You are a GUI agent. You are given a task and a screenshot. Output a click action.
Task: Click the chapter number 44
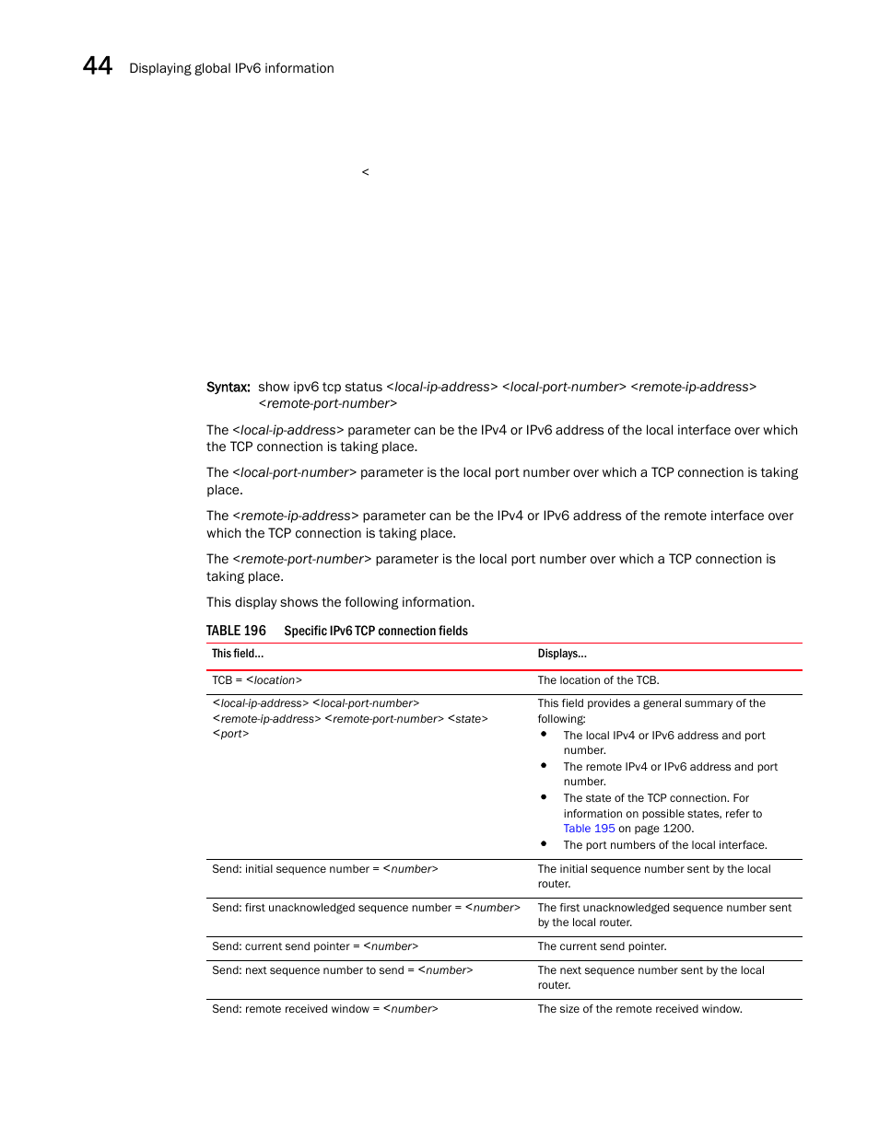[98, 66]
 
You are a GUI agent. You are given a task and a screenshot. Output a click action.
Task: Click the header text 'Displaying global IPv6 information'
[231, 68]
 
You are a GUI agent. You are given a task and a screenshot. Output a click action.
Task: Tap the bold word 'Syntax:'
[228, 387]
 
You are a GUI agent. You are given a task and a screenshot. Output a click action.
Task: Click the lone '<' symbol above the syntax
[365, 172]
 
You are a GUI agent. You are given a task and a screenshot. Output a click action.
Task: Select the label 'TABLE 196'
[236, 631]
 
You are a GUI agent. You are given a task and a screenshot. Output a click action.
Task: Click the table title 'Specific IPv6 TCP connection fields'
[376, 631]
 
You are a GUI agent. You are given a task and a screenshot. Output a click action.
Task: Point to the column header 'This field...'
[238, 654]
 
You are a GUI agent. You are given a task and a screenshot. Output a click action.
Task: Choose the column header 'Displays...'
[562, 654]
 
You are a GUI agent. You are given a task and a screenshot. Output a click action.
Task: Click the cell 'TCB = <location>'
[257, 680]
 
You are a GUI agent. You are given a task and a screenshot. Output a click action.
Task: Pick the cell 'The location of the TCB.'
[598, 680]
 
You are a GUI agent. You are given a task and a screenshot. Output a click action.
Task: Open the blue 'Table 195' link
[589, 829]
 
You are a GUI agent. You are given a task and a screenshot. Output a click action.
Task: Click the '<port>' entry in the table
[230, 734]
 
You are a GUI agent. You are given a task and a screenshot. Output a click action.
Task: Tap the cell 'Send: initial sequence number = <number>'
[324, 869]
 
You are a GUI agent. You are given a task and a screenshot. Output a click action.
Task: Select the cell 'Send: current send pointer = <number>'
[315, 946]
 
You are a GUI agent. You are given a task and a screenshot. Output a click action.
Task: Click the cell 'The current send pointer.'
[602, 946]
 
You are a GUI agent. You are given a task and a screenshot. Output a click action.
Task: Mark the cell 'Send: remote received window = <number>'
[324, 1009]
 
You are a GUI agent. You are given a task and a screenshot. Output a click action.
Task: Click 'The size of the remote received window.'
[639, 1009]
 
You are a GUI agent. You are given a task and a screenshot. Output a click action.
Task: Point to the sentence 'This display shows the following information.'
[340, 602]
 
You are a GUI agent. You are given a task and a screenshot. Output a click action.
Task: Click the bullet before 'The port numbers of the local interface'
[544, 843]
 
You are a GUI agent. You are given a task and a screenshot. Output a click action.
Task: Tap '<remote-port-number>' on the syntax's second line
[327, 403]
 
